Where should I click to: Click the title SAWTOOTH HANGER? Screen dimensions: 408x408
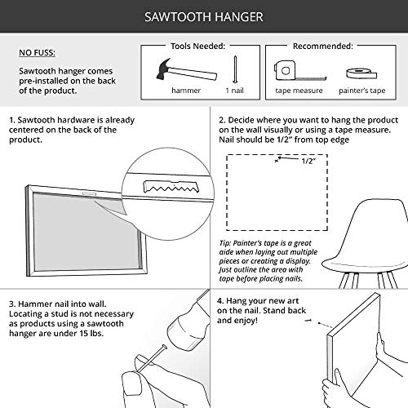[x=204, y=17]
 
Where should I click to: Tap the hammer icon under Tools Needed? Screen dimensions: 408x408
[x=187, y=70]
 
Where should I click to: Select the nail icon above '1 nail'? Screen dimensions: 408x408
[x=235, y=69]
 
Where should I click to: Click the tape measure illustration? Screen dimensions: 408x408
[x=299, y=71]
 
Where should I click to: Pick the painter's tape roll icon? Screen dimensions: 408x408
[x=361, y=73]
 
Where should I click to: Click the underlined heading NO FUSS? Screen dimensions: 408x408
[x=37, y=52]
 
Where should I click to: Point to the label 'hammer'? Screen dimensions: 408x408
[x=186, y=91]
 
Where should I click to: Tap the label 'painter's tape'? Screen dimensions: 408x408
[x=362, y=91]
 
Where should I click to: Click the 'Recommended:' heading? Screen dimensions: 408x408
[x=323, y=46]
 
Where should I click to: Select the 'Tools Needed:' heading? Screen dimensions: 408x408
[x=197, y=46]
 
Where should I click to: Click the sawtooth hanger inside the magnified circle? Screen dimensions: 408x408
[x=171, y=186]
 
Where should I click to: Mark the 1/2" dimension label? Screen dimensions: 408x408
[x=308, y=161]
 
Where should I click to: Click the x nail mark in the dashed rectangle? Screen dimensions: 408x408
[x=277, y=161]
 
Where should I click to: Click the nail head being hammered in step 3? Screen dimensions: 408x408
[x=164, y=348]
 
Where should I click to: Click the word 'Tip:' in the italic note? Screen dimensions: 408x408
[x=225, y=243]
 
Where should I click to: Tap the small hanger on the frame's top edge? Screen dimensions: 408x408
[x=89, y=193]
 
